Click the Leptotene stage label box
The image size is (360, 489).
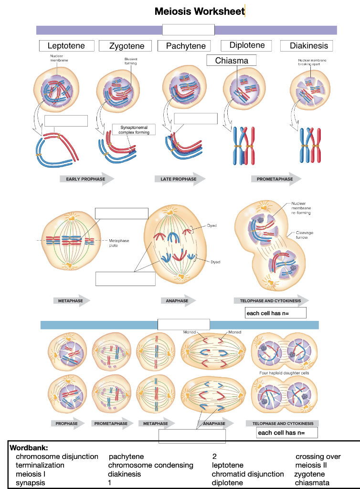66,46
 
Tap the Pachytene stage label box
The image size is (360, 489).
186,46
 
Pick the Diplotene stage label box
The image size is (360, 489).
247,45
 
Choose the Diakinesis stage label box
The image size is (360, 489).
309,46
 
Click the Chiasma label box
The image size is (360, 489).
232,61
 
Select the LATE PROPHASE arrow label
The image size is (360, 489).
178,179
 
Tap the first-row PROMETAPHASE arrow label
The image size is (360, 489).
275,179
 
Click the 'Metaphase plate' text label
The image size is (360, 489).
119,243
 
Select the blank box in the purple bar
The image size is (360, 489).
188,29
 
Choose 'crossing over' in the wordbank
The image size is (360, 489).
318,457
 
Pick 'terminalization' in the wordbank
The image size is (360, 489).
40,465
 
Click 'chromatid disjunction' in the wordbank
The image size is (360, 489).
248,474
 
